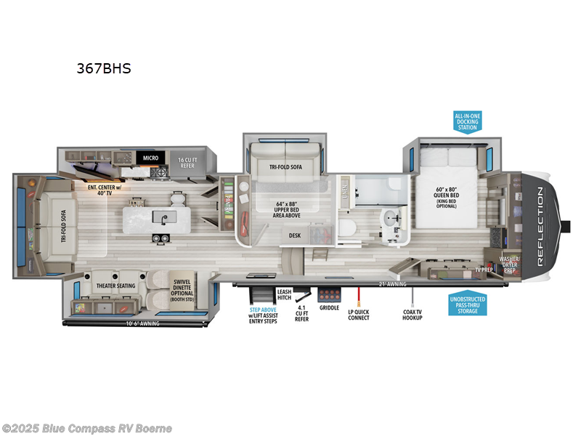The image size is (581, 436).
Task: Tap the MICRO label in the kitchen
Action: point(150,157)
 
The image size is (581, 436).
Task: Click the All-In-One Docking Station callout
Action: point(468,121)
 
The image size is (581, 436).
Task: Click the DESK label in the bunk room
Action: point(295,235)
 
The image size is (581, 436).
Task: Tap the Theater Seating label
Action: point(115,286)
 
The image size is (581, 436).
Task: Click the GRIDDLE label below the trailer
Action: point(329,307)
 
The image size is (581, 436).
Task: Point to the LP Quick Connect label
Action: point(359,313)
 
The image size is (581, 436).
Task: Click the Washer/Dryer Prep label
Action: point(508,263)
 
